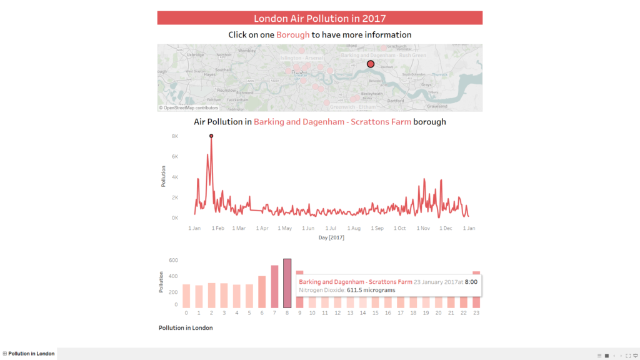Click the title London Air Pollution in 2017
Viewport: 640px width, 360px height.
click(319, 18)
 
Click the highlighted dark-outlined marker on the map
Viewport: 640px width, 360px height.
click(371, 64)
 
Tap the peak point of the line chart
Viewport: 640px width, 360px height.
click(211, 136)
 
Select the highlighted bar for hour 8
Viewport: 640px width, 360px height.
click(287, 283)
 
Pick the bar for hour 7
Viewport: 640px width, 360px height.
click(274, 286)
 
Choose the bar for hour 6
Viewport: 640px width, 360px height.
click(262, 292)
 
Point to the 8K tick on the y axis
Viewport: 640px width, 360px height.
click(176, 136)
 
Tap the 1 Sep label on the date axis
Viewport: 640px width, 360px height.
click(377, 229)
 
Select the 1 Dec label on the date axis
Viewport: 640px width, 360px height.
click(446, 229)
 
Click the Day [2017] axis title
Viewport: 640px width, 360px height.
click(331, 237)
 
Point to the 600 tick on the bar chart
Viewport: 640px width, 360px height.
click(174, 260)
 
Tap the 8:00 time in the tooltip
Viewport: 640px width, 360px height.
click(471, 282)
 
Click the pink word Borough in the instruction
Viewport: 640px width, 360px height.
click(292, 35)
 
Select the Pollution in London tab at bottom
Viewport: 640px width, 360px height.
click(31, 354)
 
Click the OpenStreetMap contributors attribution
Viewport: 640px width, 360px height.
click(189, 108)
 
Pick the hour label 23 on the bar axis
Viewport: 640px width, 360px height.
click(476, 312)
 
